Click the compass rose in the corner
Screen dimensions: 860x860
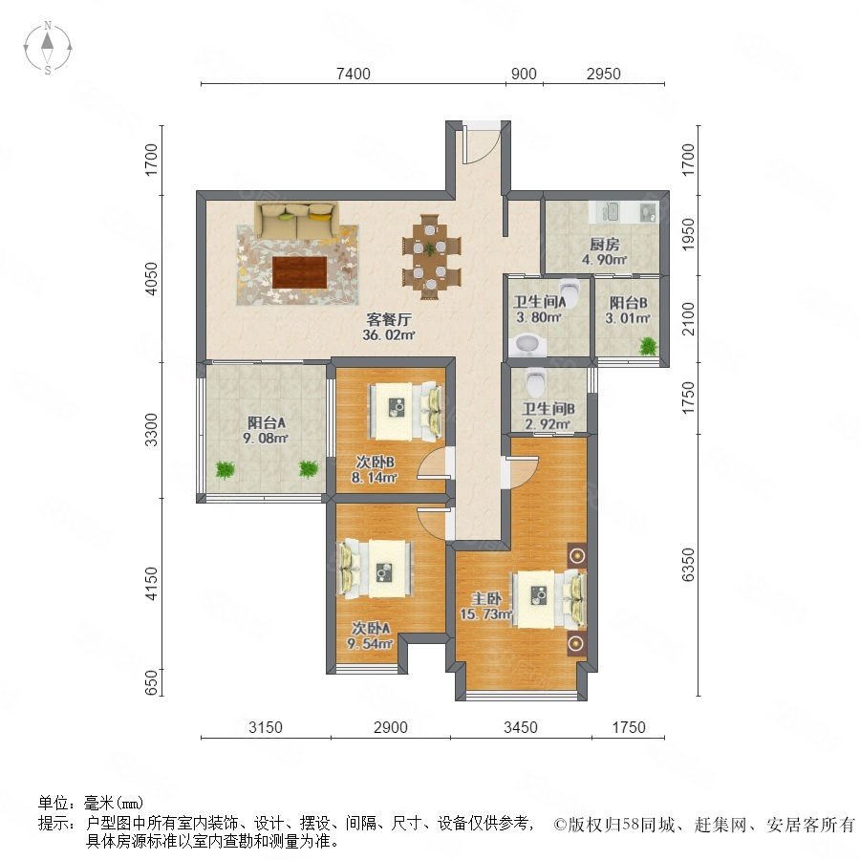[x=48, y=48]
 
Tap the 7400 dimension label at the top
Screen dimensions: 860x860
[x=354, y=74]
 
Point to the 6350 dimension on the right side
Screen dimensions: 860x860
[x=688, y=565]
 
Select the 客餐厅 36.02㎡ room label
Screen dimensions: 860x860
[x=388, y=327]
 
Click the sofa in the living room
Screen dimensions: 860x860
[x=296, y=221]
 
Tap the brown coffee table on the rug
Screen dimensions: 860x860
[x=300, y=272]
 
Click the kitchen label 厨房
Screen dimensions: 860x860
[x=604, y=244]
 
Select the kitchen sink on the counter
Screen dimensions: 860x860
[x=610, y=211]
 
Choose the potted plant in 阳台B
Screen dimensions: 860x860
[x=648, y=346]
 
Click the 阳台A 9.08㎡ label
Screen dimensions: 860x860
[x=266, y=430]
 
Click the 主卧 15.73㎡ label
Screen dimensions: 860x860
[x=486, y=606]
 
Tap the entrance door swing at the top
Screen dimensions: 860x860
[x=481, y=142]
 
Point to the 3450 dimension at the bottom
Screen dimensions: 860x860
[x=521, y=727]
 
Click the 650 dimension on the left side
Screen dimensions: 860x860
[x=152, y=682]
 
